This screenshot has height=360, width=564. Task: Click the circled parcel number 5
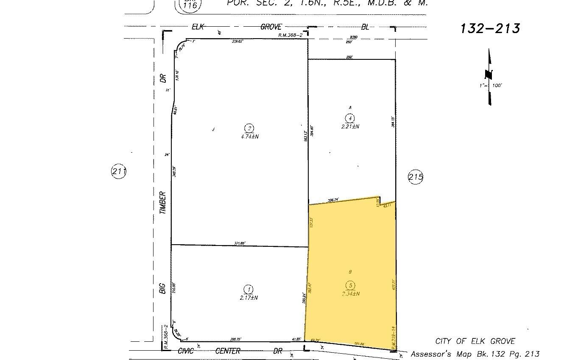click(350, 285)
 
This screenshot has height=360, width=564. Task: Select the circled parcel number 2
click(250, 128)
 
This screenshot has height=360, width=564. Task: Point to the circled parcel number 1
click(249, 290)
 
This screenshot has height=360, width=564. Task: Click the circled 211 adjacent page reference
click(119, 172)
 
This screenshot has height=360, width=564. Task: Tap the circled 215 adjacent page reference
click(415, 177)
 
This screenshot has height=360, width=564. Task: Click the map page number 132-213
click(490, 28)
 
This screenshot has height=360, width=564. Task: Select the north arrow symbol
click(489, 76)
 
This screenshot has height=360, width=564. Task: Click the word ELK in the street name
click(198, 27)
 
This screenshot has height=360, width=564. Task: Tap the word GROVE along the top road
click(271, 27)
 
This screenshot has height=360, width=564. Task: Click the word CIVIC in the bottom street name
click(185, 351)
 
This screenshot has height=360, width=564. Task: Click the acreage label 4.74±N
click(250, 137)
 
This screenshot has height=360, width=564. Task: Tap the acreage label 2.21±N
click(350, 126)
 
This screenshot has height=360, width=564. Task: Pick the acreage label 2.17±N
click(248, 298)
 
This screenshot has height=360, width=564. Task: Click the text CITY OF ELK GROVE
click(475, 341)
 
